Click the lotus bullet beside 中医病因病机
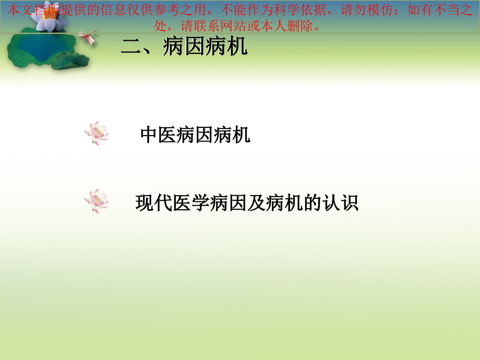click(x=97, y=133)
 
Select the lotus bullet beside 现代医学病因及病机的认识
click(x=97, y=201)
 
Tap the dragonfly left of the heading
click(x=87, y=37)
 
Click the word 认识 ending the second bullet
click(x=340, y=202)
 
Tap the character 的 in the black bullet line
click(x=312, y=202)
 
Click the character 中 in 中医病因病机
click(x=149, y=135)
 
